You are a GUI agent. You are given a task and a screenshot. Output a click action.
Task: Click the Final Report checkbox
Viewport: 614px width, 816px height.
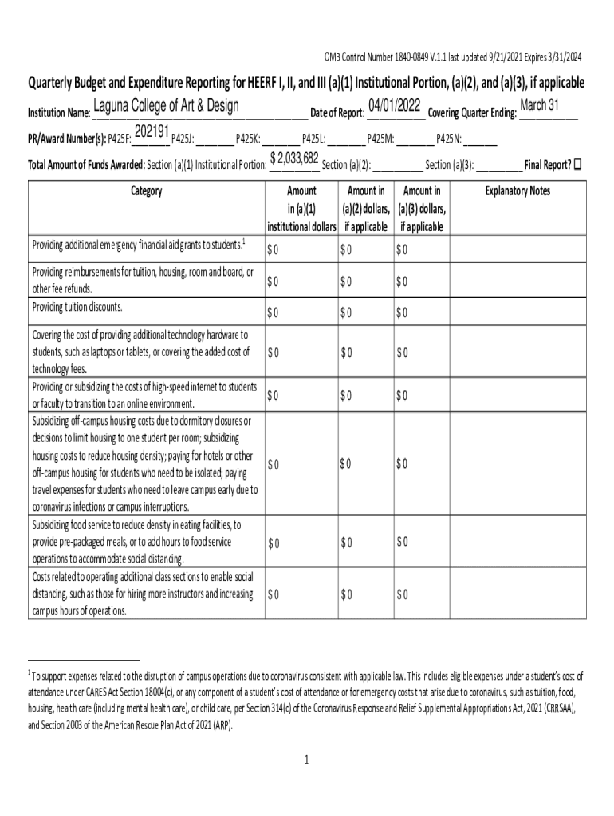578,164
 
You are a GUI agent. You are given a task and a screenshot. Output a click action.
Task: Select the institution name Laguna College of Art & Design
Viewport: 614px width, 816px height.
166,108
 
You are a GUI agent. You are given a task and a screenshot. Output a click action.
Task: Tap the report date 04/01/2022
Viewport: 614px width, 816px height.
395,105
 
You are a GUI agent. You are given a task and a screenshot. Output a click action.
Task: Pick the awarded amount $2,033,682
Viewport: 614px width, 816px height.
295,158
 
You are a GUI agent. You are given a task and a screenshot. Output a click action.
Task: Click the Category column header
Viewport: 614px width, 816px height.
145,191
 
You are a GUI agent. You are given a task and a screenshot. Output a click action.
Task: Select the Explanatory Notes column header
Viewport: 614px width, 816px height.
518,191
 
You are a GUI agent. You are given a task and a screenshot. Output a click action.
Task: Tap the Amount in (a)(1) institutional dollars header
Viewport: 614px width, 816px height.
301,209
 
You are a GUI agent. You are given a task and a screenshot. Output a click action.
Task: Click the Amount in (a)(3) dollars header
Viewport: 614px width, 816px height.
422,209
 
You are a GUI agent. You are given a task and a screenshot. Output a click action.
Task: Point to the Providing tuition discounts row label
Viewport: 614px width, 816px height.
77,307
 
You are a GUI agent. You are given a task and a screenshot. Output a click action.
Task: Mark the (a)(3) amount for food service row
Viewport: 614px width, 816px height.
402,543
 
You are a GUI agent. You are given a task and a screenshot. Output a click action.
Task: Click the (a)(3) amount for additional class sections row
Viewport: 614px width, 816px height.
402,594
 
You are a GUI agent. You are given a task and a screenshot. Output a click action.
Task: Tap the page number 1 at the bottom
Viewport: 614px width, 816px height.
305,759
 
